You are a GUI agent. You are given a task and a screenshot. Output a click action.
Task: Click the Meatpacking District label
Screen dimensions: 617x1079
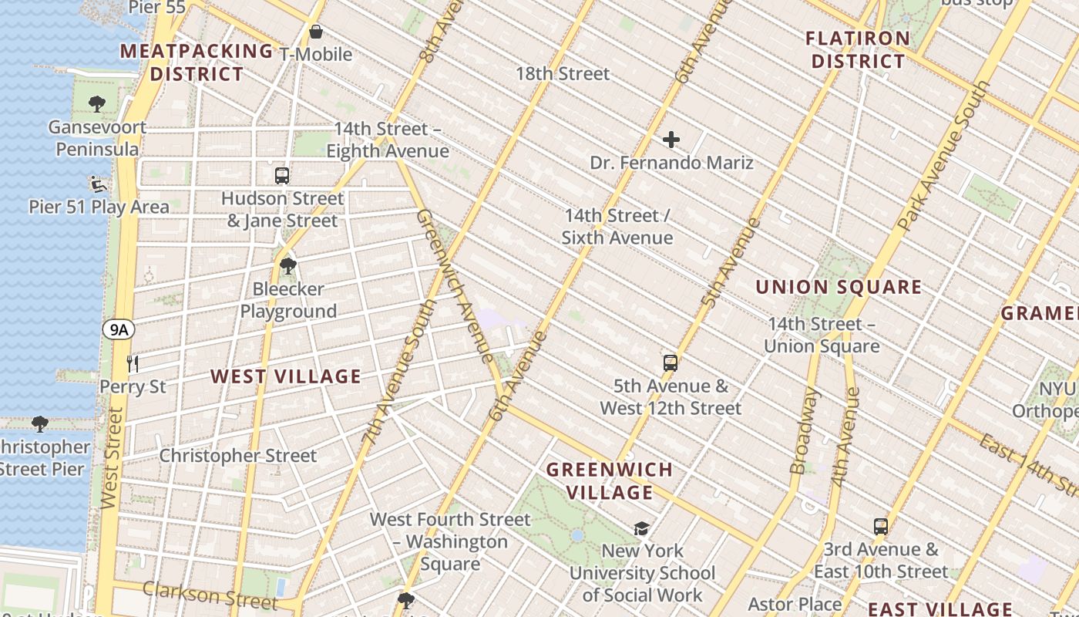pos(197,62)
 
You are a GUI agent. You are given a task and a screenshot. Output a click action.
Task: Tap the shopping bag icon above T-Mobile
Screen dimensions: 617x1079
pos(315,32)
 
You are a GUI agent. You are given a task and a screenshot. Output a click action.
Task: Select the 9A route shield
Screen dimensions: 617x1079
pos(118,330)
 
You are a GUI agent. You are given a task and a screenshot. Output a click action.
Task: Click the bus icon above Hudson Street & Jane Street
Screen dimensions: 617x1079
pos(282,175)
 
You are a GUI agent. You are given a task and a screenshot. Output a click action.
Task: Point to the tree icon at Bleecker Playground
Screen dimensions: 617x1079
pos(288,266)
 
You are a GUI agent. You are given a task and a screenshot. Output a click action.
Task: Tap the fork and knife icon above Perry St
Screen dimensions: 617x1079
pos(133,363)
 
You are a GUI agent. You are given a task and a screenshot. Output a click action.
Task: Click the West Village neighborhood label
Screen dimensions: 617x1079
pos(286,376)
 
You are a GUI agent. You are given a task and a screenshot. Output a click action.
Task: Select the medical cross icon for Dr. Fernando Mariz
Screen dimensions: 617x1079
pos(671,140)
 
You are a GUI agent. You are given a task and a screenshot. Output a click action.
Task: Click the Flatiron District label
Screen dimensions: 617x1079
pos(858,49)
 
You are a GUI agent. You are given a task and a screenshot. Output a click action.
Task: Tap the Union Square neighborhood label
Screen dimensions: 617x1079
pos(839,288)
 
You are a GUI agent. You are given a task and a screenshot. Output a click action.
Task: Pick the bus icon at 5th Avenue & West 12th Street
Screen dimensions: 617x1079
pos(671,362)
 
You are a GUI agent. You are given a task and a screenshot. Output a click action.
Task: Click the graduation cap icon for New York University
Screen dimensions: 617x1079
pos(641,528)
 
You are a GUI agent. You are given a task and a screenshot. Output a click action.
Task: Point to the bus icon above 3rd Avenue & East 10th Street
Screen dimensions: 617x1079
pos(881,527)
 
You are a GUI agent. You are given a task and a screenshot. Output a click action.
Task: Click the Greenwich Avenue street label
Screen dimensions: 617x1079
pos(455,285)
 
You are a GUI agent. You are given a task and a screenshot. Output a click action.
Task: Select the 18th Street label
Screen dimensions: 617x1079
pos(563,73)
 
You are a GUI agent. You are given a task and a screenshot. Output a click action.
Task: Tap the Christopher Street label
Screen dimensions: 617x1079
pos(237,455)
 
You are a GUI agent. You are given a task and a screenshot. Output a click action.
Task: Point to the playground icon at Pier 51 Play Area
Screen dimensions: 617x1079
pos(98,184)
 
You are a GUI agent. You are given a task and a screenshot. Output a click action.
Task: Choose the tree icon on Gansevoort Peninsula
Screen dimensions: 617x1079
pos(97,103)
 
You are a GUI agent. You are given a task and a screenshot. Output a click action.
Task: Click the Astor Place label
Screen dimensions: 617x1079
pos(795,603)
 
